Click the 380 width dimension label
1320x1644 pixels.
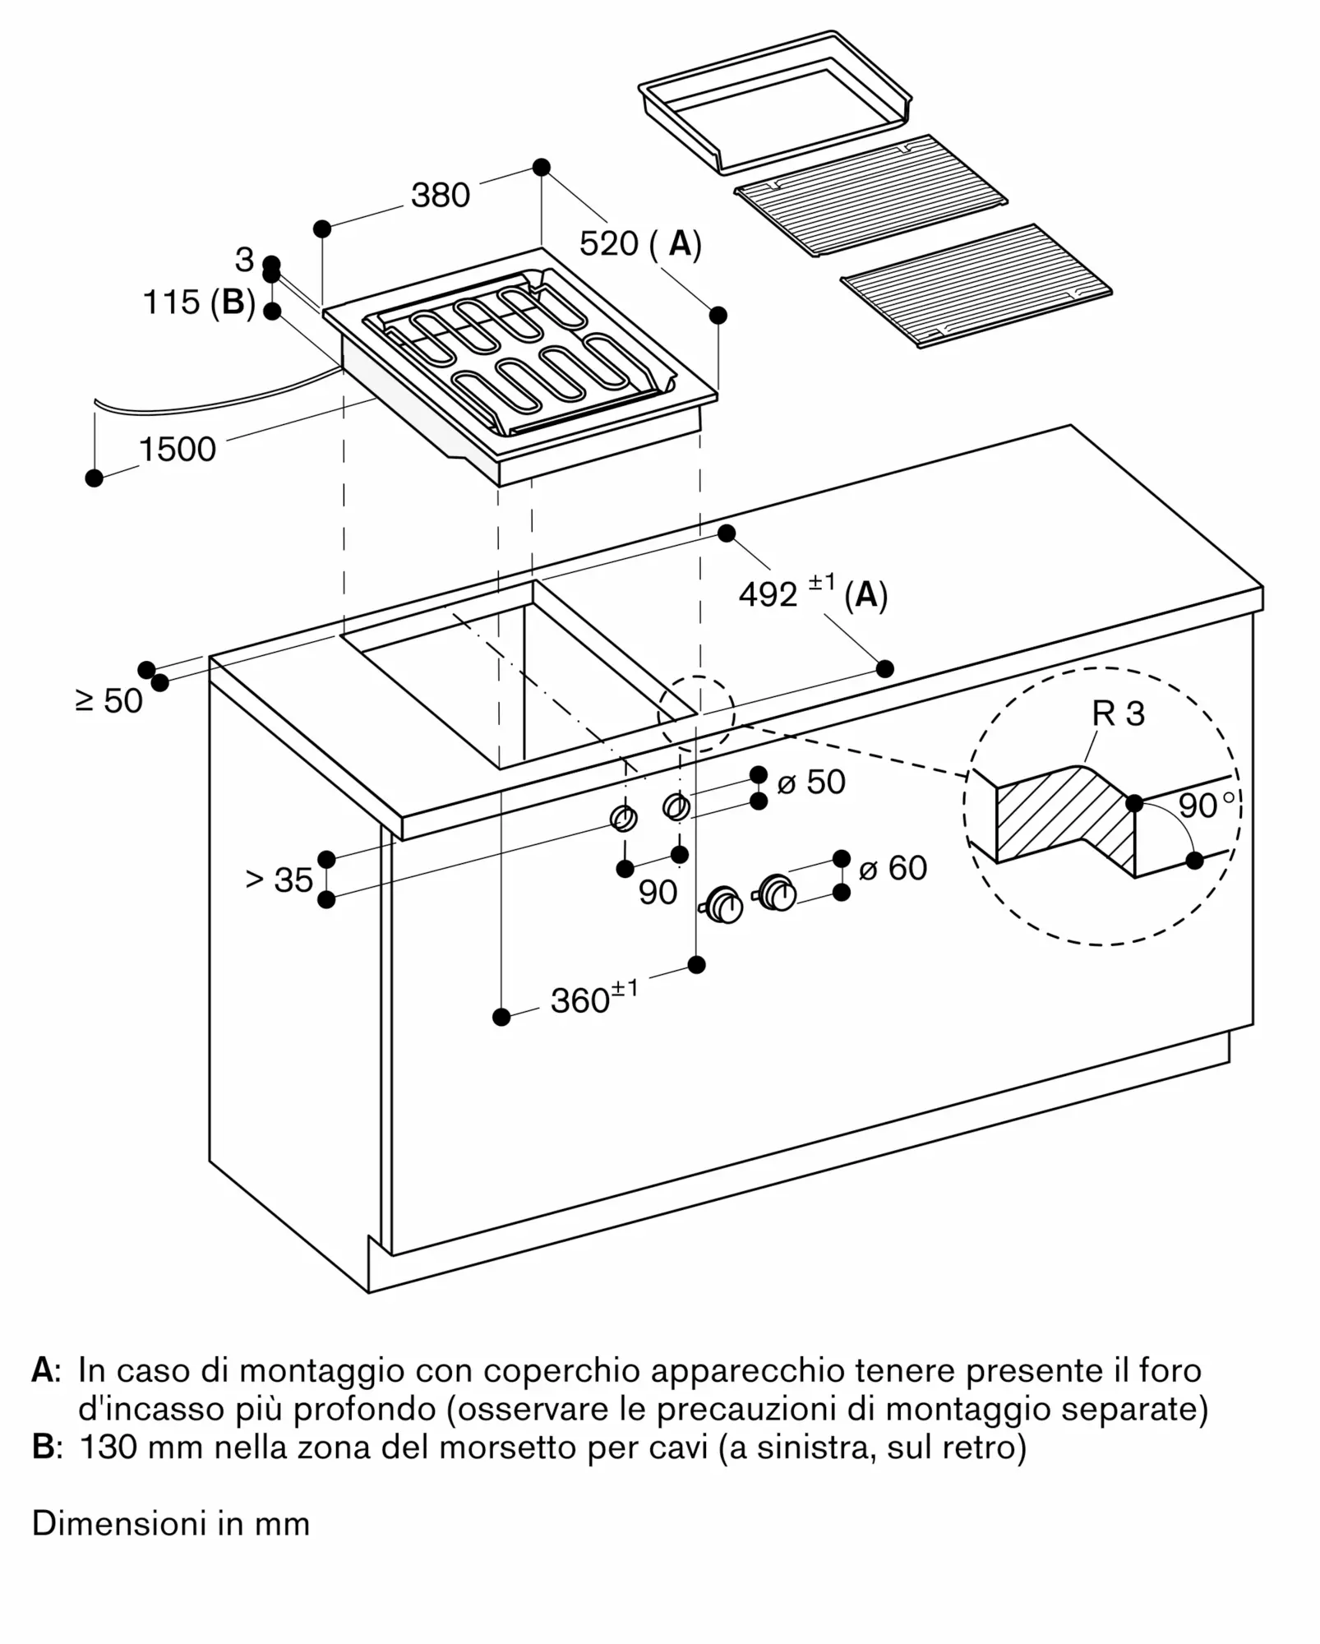441,196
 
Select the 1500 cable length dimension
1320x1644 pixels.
177,450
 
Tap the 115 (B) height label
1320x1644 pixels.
199,302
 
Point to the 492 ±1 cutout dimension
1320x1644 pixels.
812,593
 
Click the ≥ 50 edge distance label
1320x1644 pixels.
109,701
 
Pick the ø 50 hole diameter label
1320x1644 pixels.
810,782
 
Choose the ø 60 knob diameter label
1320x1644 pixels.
893,868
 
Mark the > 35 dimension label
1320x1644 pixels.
279,880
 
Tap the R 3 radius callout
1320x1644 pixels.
1118,713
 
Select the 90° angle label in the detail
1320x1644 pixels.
1205,806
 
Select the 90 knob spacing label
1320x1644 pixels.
658,893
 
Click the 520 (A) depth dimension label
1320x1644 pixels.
639,244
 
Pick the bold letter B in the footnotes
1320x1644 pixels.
43,1447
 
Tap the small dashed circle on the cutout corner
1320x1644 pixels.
696,713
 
